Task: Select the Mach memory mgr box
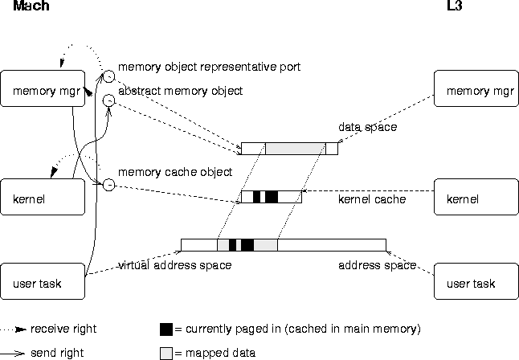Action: click(43, 90)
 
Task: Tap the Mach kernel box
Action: click(43, 197)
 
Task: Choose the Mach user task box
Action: click(43, 282)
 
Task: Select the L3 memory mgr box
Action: click(476, 90)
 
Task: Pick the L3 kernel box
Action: click(476, 197)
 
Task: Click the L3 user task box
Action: click(476, 282)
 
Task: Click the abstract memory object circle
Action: click(110, 100)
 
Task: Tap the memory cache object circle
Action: click(110, 186)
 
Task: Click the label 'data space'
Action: click(367, 128)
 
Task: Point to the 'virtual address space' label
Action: click(175, 265)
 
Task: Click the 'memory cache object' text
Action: click(175, 172)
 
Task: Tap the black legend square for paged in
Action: click(166, 329)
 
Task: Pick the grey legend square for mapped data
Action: click(166, 352)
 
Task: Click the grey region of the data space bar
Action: click(295, 149)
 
